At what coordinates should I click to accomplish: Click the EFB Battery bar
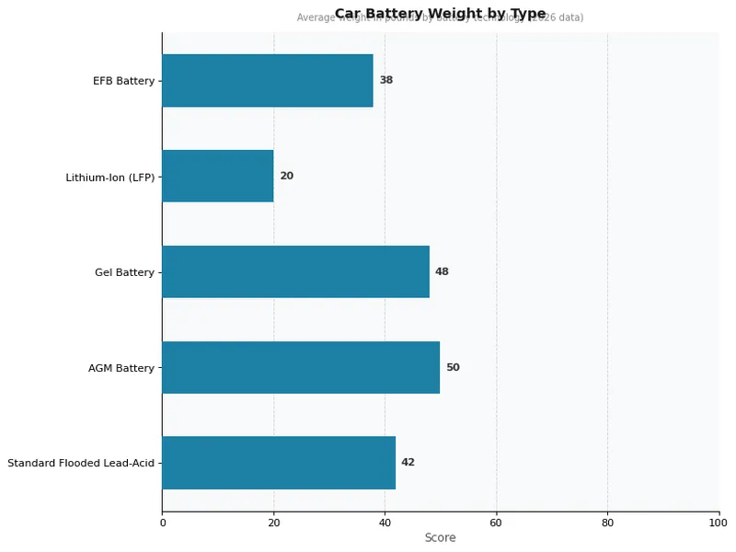(x=268, y=81)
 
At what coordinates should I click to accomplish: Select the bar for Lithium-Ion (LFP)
(x=218, y=176)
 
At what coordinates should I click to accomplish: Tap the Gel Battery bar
(x=295, y=271)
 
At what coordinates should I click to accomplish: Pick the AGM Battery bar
(x=301, y=367)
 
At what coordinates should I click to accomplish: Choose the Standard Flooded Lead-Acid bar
(x=279, y=463)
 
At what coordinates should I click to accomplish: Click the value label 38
(x=386, y=81)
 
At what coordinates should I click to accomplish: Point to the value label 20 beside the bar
(x=286, y=176)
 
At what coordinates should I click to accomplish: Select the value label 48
(x=442, y=271)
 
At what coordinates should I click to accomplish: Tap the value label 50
(x=453, y=367)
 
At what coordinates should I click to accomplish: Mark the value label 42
(x=408, y=463)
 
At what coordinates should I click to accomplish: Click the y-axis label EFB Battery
(x=123, y=81)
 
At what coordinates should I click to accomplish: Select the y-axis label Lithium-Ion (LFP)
(x=109, y=177)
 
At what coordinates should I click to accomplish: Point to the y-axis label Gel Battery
(x=124, y=272)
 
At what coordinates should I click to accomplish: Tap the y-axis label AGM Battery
(x=121, y=368)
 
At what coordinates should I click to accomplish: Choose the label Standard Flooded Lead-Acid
(x=81, y=463)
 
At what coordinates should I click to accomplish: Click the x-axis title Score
(x=440, y=538)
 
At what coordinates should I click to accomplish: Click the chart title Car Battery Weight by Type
(x=440, y=13)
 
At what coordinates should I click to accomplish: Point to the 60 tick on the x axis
(x=496, y=523)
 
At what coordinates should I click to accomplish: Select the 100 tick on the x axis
(x=719, y=523)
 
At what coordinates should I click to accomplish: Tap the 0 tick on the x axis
(x=163, y=523)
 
